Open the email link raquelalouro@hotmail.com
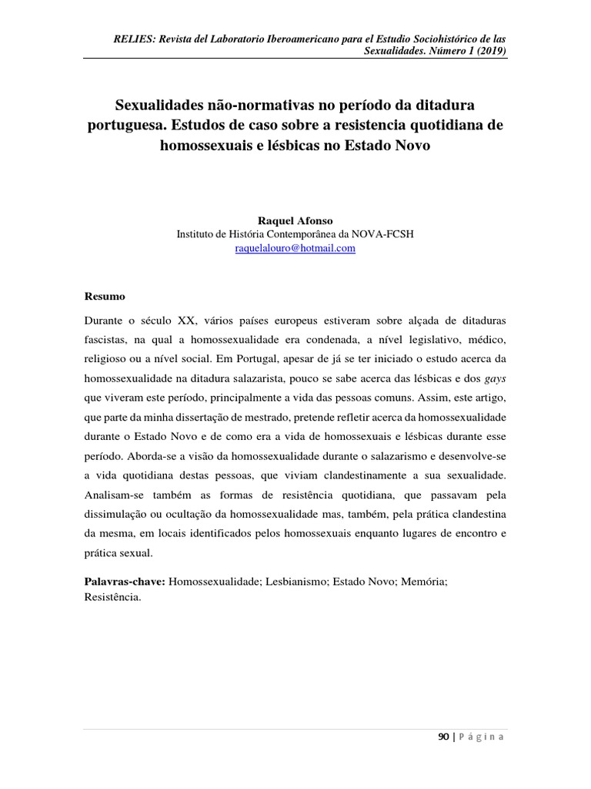tap(295, 248)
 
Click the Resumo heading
tap(103, 296)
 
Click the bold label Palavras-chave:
tap(123, 583)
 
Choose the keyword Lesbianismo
tap(297, 583)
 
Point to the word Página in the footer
tap(482, 737)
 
